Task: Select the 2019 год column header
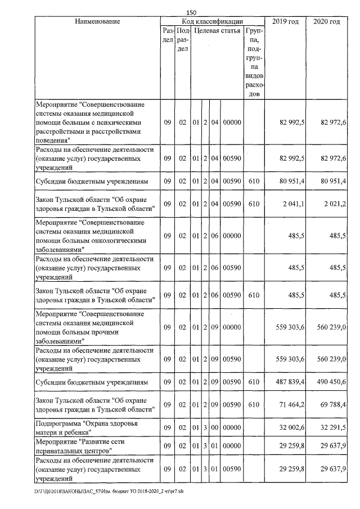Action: tap(286, 21)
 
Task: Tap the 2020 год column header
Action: tap(326, 21)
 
